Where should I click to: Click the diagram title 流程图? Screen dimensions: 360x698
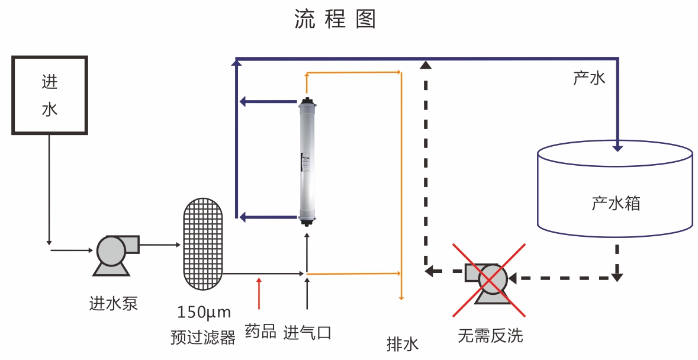[x=335, y=20]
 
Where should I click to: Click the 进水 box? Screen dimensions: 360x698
[x=50, y=95]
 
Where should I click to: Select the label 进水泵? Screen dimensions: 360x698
[x=114, y=304]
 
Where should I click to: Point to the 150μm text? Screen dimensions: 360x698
[x=204, y=312]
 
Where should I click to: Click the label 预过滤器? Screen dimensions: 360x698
[x=203, y=337]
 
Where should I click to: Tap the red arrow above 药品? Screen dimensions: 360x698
[x=259, y=292]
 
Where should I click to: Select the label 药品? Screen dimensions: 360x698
[x=260, y=332]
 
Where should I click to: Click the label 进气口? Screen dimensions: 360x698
[x=307, y=333]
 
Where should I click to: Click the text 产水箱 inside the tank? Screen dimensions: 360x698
[x=616, y=204]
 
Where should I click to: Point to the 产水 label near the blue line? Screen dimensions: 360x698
[x=589, y=78]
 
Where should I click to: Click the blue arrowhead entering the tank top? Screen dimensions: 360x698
[x=617, y=146]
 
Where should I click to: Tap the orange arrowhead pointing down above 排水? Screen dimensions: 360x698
[x=401, y=297]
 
